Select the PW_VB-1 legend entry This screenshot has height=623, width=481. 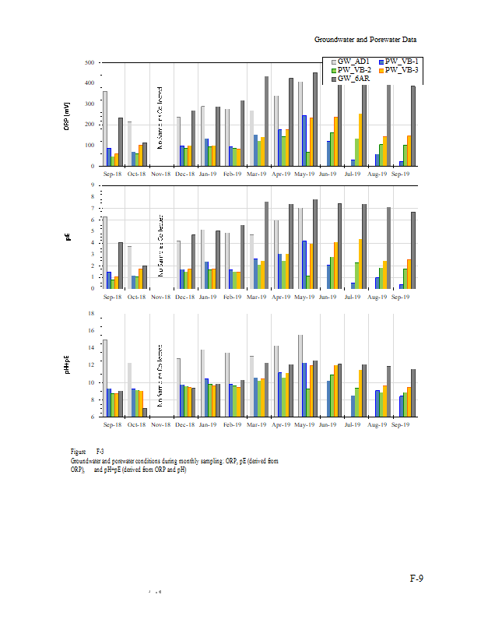point(402,61)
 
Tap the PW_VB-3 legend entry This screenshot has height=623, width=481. point(402,70)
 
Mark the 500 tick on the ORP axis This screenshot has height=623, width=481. point(90,62)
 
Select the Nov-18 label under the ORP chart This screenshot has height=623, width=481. point(161,174)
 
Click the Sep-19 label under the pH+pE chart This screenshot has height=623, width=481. point(401,425)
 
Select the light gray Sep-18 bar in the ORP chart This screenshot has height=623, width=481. point(105,128)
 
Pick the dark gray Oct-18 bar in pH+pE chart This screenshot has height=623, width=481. point(145,412)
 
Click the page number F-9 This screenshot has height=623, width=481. point(417,579)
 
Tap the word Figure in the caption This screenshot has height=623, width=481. point(78,452)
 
